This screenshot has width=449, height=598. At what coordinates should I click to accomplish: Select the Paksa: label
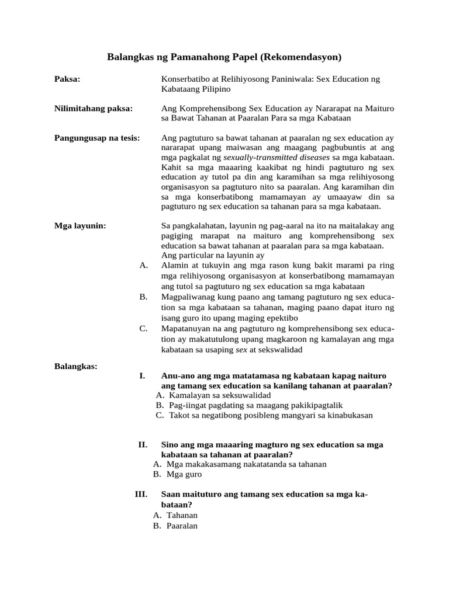(67, 78)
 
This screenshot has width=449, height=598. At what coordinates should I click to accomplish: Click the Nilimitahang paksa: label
(94, 108)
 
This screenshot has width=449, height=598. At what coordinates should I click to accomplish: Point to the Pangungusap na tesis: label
(97, 138)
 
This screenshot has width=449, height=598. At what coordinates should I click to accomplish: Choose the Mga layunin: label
(80, 225)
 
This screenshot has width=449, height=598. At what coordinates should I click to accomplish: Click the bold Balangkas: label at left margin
(76, 366)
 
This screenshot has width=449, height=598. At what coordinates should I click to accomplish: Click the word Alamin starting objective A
(175, 265)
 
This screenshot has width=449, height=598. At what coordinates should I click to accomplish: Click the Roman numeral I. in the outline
(142, 376)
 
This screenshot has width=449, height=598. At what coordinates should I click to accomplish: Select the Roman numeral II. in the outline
(143, 444)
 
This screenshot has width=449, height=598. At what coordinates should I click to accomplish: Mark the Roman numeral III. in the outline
(141, 494)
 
